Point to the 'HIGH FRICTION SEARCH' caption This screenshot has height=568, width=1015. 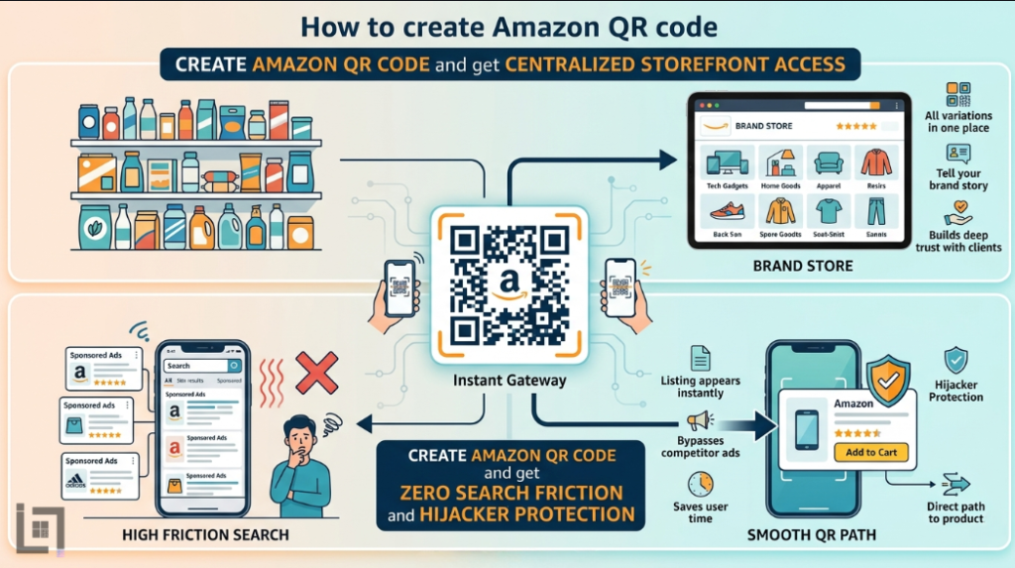(205, 535)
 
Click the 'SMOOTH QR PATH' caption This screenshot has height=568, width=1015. (811, 535)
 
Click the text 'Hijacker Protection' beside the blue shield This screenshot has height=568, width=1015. (956, 390)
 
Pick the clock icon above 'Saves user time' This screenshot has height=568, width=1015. (701, 484)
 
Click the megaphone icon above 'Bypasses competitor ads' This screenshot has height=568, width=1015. (700, 420)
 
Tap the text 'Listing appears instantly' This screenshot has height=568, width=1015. (701, 387)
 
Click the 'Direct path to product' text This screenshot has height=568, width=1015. (956, 511)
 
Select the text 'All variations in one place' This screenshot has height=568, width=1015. (959, 121)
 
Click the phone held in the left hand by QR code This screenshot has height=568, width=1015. (399, 286)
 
